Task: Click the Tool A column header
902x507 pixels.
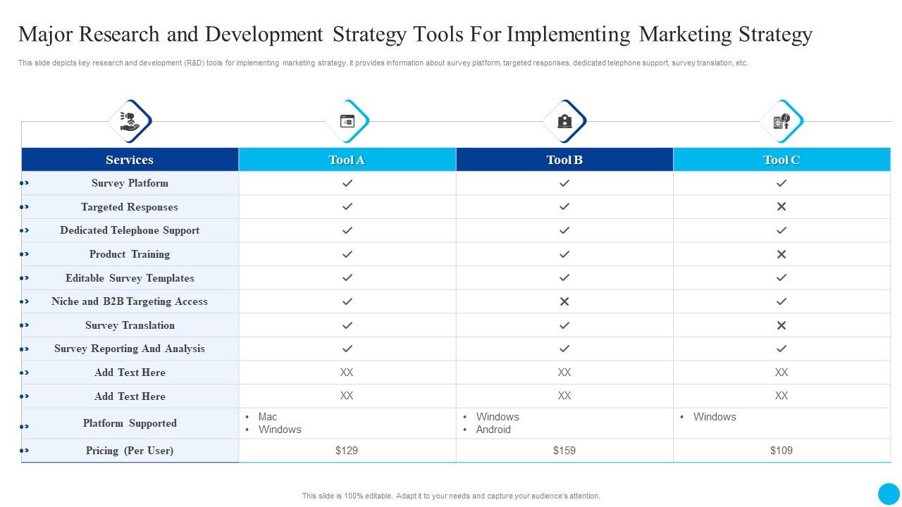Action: (347, 160)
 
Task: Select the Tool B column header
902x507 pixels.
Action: (564, 160)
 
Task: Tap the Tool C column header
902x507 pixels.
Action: (781, 160)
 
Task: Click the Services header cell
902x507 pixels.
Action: (130, 160)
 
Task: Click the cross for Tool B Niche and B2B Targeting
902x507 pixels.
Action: (564, 301)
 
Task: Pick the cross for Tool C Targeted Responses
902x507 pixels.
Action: (781, 207)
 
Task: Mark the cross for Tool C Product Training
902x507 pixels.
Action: (781, 254)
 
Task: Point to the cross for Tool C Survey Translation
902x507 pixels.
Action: (781, 325)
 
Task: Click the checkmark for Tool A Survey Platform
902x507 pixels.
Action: (347, 183)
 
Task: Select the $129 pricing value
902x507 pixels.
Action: (347, 451)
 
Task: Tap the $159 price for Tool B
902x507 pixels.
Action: (564, 451)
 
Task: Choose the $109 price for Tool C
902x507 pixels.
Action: (781, 451)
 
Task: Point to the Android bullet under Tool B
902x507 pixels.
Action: (493, 430)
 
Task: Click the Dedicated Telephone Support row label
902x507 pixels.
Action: (130, 230)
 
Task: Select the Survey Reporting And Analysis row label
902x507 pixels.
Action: (130, 349)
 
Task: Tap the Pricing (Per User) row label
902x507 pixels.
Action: (130, 451)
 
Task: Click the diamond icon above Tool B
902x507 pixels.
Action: (564, 121)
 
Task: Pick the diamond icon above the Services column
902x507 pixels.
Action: (130, 121)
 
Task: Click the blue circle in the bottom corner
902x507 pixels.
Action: (889, 494)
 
